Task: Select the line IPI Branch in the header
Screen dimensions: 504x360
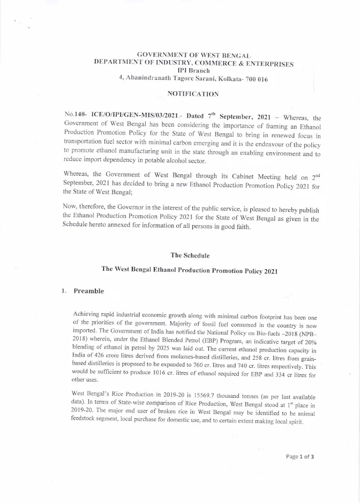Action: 193,71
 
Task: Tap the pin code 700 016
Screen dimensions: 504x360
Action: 256,79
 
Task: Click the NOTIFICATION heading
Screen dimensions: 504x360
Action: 193,94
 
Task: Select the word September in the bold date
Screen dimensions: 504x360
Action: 234,116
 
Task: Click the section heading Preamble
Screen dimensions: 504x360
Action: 88,291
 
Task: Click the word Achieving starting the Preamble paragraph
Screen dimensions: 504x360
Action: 87,313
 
